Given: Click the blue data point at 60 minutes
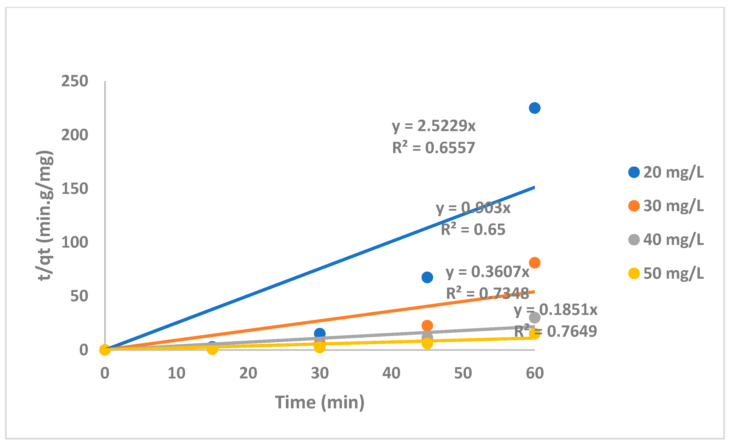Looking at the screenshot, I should (x=534, y=108).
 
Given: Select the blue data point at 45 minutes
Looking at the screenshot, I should (x=427, y=277).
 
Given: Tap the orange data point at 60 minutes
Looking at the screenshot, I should (x=534, y=263).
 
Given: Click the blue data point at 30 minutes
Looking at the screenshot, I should (x=320, y=333).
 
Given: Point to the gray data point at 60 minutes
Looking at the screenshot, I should (x=534, y=318).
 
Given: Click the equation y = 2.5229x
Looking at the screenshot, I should (x=433, y=126).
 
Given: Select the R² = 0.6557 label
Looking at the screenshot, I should (x=433, y=148).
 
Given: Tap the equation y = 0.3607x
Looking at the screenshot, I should (x=487, y=272).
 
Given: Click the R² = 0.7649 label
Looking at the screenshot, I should (x=555, y=331).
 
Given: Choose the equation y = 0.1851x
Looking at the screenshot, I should (x=555, y=310).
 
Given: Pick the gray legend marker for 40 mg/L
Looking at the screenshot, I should (x=634, y=240).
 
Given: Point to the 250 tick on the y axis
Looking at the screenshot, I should (x=75, y=81).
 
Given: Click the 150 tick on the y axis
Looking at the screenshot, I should (x=75, y=189).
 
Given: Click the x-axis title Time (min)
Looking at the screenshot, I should (x=320, y=402).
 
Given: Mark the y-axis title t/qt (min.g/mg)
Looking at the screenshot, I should (x=45, y=216).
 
